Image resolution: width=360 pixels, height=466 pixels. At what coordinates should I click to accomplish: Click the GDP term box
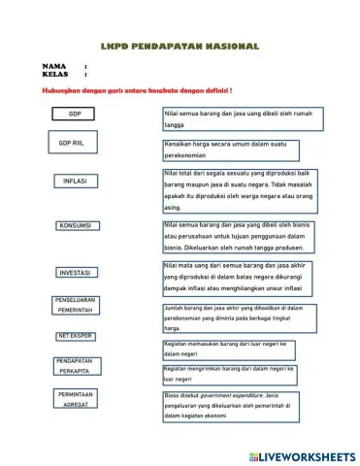(x=76, y=115)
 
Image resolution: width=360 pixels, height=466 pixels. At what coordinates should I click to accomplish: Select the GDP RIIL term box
(x=74, y=145)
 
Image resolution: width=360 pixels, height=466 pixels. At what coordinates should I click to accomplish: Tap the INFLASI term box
(x=76, y=182)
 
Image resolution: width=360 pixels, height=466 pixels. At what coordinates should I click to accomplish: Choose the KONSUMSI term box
(x=76, y=226)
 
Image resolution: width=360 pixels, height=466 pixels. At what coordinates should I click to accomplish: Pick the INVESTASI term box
(x=76, y=273)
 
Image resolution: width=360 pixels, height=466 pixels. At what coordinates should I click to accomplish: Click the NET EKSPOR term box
(x=76, y=336)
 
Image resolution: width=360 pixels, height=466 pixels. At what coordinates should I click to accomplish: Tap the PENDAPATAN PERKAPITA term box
(x=76, y=366)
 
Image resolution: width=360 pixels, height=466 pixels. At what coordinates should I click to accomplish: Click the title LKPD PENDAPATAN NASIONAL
(x=180, y=46)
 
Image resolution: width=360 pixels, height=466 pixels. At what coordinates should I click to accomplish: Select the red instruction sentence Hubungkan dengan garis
(x=137, y=90)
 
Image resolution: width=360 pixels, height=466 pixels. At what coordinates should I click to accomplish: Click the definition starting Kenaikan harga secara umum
(x=230, y=150)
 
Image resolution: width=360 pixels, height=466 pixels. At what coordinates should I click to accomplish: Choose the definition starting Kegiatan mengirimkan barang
(x=228, y=374)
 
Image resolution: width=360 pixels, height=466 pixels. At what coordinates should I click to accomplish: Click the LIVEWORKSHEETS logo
(x=301, y=455)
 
